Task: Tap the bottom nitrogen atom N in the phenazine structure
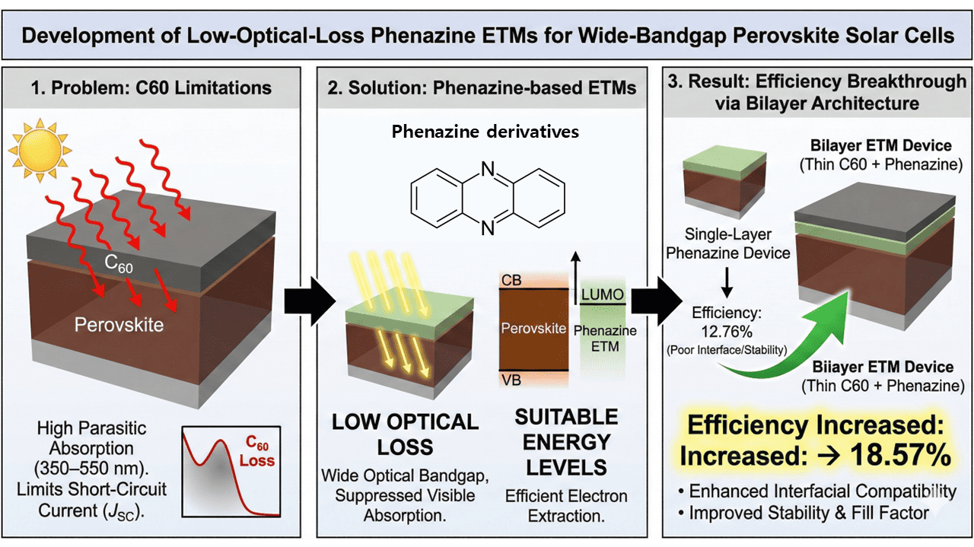[x=488, y=226]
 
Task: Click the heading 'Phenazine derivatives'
[x=485, y=132]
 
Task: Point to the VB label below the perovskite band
[x=511, y=380]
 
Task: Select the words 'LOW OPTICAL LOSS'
[x=405, y=434]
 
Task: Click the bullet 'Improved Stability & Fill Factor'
[x=809, y=514]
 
